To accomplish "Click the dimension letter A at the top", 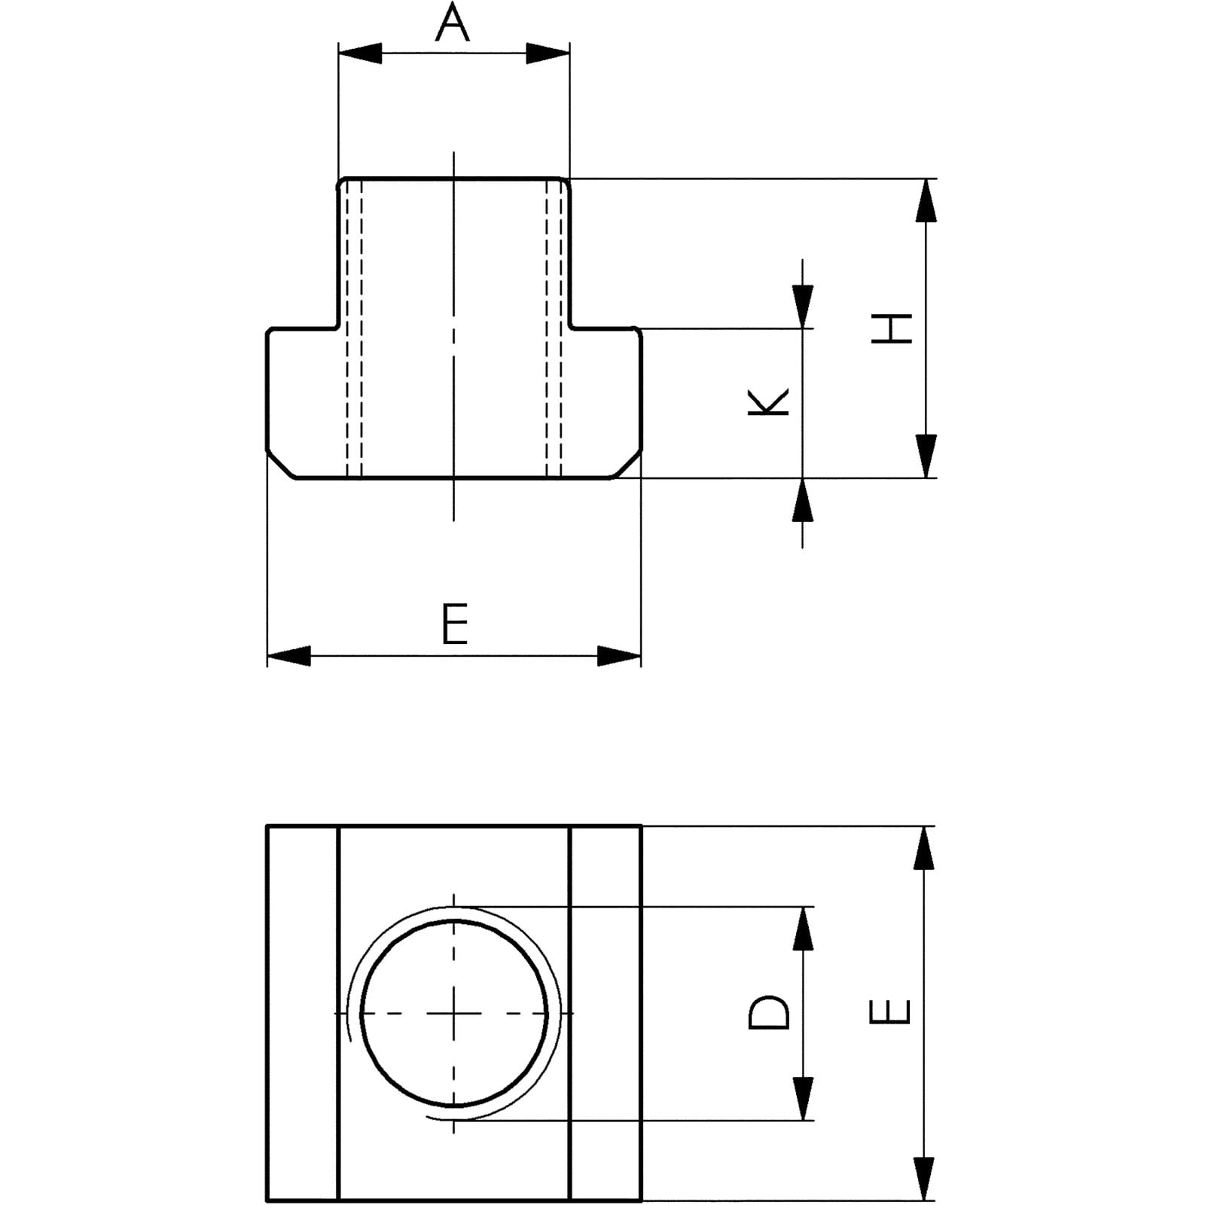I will (x=453, y=23).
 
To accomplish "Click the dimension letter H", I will (x=892, y=328).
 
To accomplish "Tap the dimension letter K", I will (x=768, y=401).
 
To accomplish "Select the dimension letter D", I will (x=769, y=1012).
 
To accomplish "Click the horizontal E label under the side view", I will (x=455, y=624).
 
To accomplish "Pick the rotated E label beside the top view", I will (x=890, y=1012).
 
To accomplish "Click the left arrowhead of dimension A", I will (x=360, y=53).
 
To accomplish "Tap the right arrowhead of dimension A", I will (x=548, y=53).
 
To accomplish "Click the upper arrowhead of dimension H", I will (x=926, y=200).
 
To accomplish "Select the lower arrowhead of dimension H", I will (x=926, y=456).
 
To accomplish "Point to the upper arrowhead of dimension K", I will (x=803, y=307).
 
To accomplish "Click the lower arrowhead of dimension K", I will (x=803, y=499).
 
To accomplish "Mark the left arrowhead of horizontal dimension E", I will (x=288, y=656).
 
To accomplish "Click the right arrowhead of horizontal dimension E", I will (x=619, y=656).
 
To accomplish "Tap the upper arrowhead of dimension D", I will (x=804, y=928).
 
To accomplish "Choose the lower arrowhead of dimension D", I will (x=804, y=1099).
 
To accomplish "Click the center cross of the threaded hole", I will (x=454, y=1014).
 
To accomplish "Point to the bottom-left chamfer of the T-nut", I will (x=280, y=465).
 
